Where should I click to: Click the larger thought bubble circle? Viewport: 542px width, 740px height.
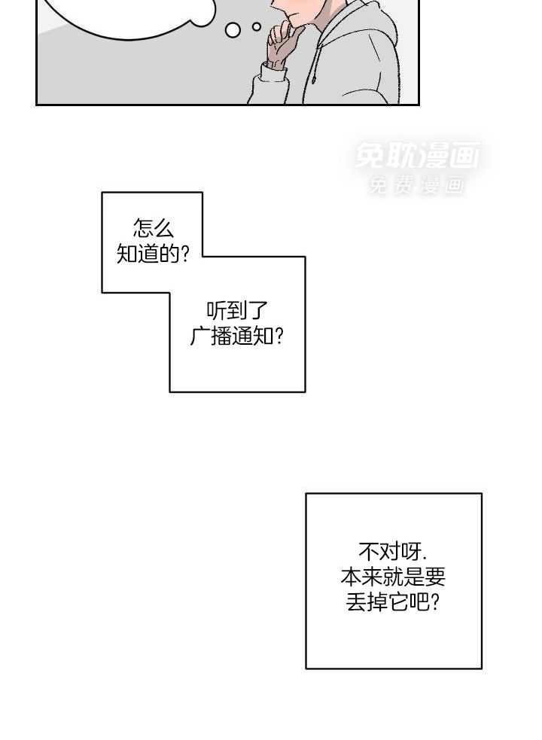(x=233, y=29)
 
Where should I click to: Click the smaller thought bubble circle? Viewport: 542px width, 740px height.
(x=257, y=27)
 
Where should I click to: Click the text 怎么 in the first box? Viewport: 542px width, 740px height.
(x=154, y=228)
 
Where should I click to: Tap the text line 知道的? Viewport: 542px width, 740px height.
(x=153, y=254)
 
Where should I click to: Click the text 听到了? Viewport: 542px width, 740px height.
(x=236, y=311)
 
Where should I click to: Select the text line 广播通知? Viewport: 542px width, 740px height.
(x=236, y=337)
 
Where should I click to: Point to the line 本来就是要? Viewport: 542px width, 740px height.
(x=393, y=577)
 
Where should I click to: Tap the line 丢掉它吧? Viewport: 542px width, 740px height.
(x=393, y=602)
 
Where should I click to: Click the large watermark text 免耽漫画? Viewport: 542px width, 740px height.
(x=417, y=155)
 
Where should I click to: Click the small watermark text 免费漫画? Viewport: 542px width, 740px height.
(x=416, y=184)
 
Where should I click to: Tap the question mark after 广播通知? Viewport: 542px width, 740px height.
(x=279, y=337)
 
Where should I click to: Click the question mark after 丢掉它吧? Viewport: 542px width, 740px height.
(x=435, y=602)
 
